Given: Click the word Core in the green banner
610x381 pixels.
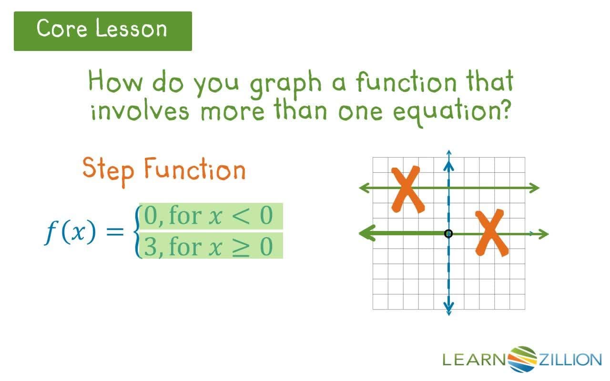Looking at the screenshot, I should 63,29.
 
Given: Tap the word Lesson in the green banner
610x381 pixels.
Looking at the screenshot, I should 131,29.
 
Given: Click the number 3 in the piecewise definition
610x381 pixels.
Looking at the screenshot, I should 150,247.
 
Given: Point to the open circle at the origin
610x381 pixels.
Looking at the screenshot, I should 448,233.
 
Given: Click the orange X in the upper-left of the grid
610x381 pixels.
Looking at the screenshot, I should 406,189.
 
